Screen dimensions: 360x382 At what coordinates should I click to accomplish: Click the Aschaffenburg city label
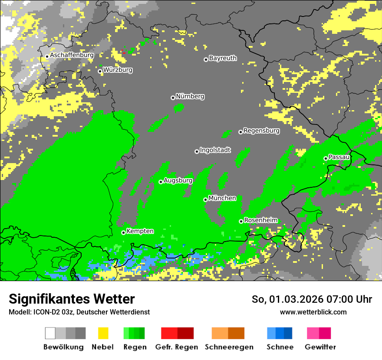click(x=72, y=56)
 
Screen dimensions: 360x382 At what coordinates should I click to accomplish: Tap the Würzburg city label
click(x=118, y=70)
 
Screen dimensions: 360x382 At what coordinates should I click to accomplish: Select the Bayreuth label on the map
click(x=223, y=58)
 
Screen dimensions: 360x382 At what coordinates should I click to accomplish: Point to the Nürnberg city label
click(x=190, y=97)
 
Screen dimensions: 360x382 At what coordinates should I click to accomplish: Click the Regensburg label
click(x=261, y=131)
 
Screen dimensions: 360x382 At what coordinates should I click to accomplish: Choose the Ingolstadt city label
click(x=215, y=150)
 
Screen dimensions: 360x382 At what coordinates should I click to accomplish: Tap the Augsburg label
click(x=178, y=180)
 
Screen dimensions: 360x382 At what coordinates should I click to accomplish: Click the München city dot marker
click(x=206, y=200)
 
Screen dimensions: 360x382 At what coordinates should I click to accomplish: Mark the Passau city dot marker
click(x=326, y=158)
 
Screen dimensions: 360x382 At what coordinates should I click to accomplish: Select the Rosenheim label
click(x=260, y=220)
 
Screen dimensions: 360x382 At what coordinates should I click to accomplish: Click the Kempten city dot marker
click(x=124, y=232)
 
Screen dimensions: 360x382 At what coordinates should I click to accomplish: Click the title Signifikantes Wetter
click(x=72, y=299)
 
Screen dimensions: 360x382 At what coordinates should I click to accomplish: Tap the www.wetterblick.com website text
click(x=313, y=312)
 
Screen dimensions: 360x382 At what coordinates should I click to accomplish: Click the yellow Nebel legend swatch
click(x=103, y=333)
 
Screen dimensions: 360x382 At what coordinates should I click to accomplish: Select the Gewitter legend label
click(x=320, y=347)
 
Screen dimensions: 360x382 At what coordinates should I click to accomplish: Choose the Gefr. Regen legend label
click(x=177, y=347)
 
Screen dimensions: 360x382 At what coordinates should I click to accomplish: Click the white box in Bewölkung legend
click(x=50, y=333)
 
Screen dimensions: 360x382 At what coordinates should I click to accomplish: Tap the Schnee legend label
click(x=280, y=347)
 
